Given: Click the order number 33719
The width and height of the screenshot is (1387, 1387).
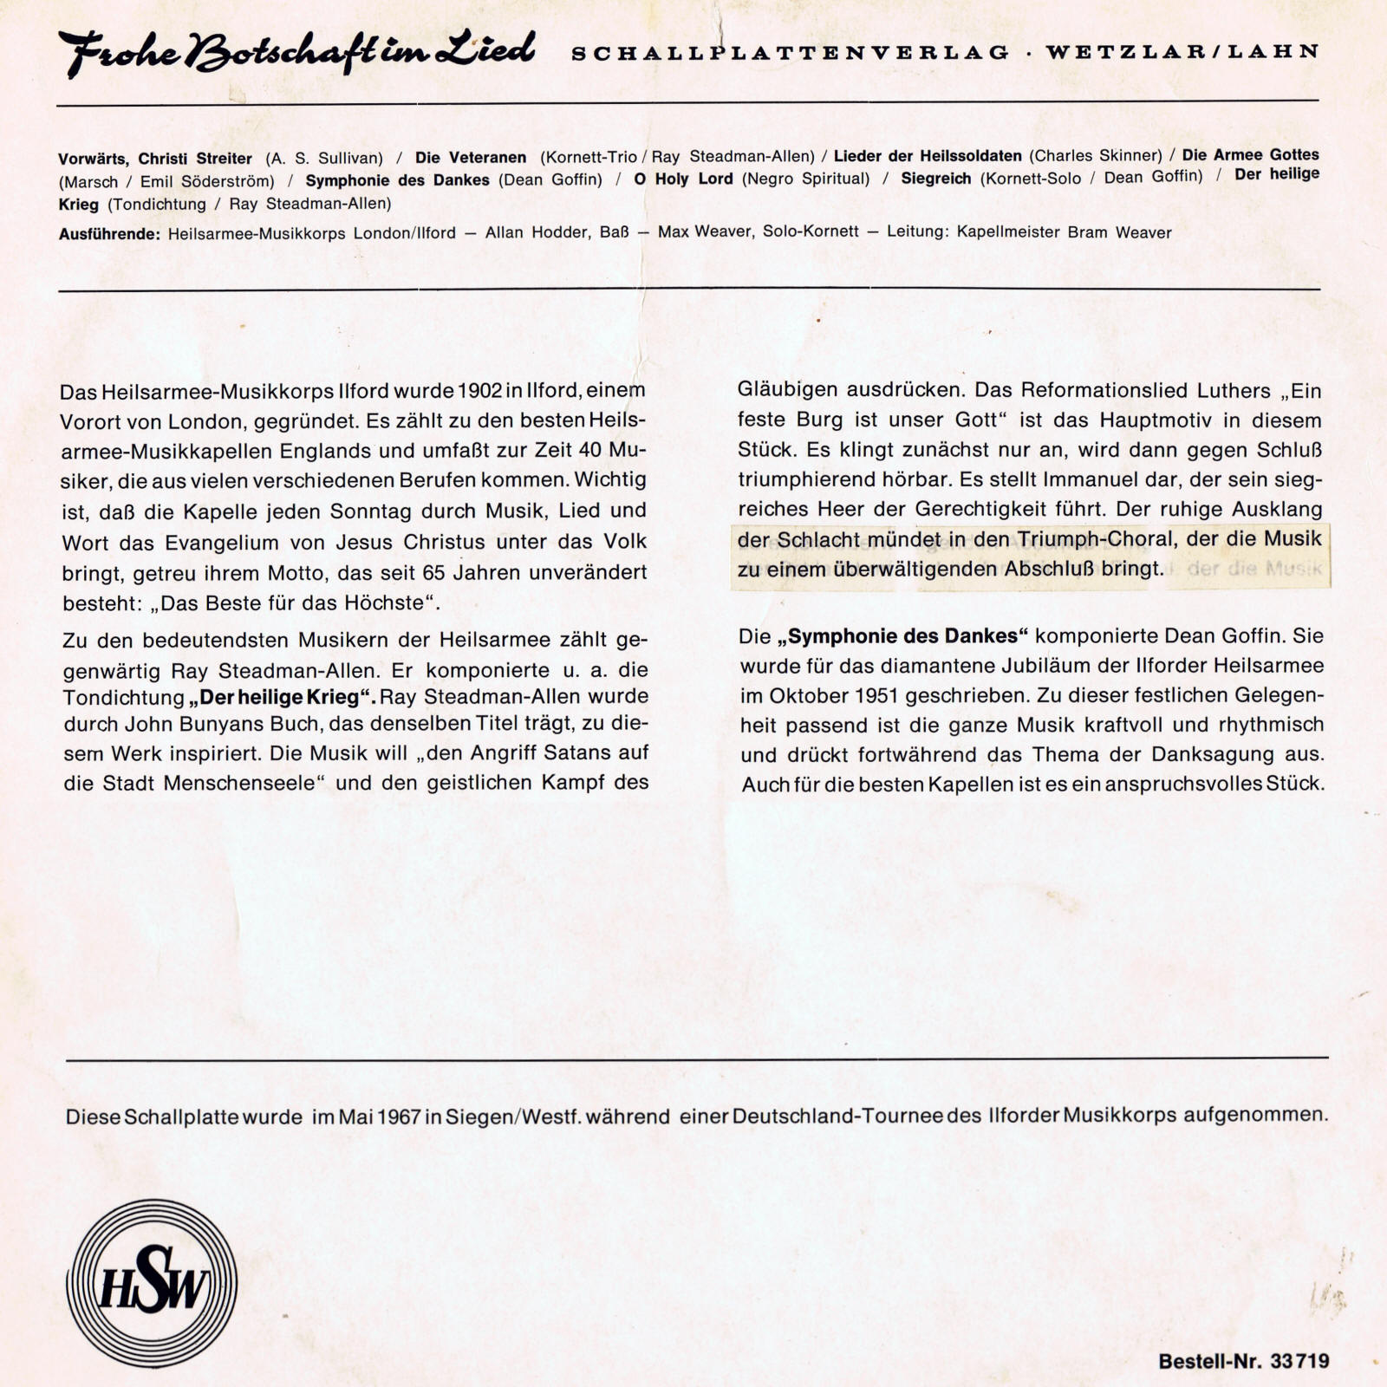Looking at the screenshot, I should tap(1299, 1361).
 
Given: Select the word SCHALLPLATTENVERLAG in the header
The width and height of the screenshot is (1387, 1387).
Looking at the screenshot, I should tap(790, 53).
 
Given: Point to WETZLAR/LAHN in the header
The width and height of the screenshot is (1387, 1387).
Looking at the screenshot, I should tap(1182, 51).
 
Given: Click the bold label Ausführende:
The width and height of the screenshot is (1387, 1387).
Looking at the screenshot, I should tap(109, 234).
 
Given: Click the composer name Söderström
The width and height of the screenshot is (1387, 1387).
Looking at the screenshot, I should tap(228, 181).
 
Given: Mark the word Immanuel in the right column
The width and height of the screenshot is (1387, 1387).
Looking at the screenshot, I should tap(1088, 479).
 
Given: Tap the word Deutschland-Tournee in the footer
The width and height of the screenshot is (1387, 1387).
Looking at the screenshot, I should tap(837, 1115).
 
